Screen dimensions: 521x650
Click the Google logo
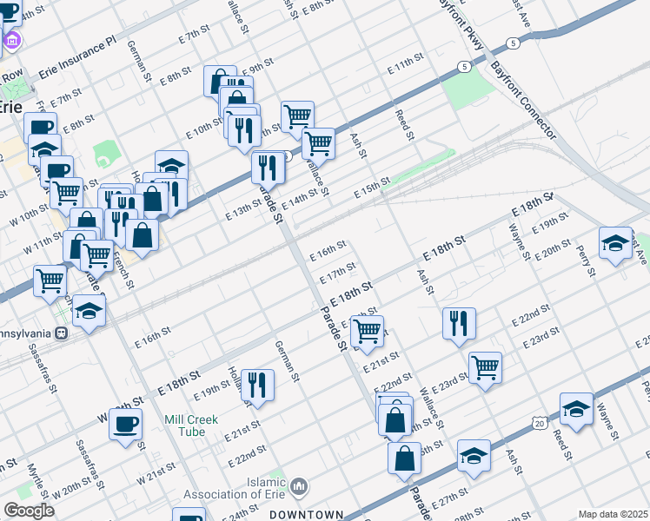[x=30, y=511]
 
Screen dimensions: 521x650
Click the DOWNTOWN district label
[x=306, y=514]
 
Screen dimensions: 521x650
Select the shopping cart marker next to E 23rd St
[x=485, y=366]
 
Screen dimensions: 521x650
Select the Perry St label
[x=586, y=260]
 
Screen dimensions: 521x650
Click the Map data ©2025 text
[x=613, y=514]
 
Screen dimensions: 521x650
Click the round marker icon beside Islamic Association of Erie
[x=299, y=485]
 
